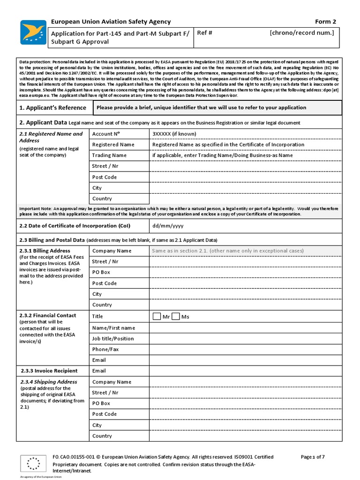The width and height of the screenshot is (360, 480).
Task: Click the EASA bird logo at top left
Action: click(x=33, y=32)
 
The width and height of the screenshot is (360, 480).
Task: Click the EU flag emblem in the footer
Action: click(x=33, y=464)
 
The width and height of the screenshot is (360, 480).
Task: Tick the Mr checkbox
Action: click(x=157, y=316)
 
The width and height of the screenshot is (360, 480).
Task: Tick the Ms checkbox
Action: click(x=176, y=316)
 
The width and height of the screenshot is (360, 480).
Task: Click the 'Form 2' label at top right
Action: click(x=325, y=22)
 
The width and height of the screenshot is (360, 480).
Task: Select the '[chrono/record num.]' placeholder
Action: click(x=301, y=33)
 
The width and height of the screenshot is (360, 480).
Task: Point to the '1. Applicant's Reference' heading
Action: click(x=52, y=107)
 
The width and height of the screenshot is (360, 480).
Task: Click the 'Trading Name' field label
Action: click(x=109, y=155)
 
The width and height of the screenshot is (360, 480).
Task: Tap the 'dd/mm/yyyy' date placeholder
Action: click(x=168, y=225)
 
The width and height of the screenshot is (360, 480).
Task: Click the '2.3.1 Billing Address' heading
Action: click(x=45, y=251)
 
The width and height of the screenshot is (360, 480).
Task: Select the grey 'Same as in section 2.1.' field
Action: click(x=228, y=251)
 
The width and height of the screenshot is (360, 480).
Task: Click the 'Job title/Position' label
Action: click(x=113, y=338)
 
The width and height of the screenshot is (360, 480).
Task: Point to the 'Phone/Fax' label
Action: click(x=105, y=349)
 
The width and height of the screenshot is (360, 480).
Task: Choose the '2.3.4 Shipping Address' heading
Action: click(x=48, y=382)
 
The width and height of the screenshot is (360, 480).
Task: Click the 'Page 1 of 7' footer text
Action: click(x=313, y=457)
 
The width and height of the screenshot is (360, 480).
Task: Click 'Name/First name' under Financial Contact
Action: click(x=113, y=328)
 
